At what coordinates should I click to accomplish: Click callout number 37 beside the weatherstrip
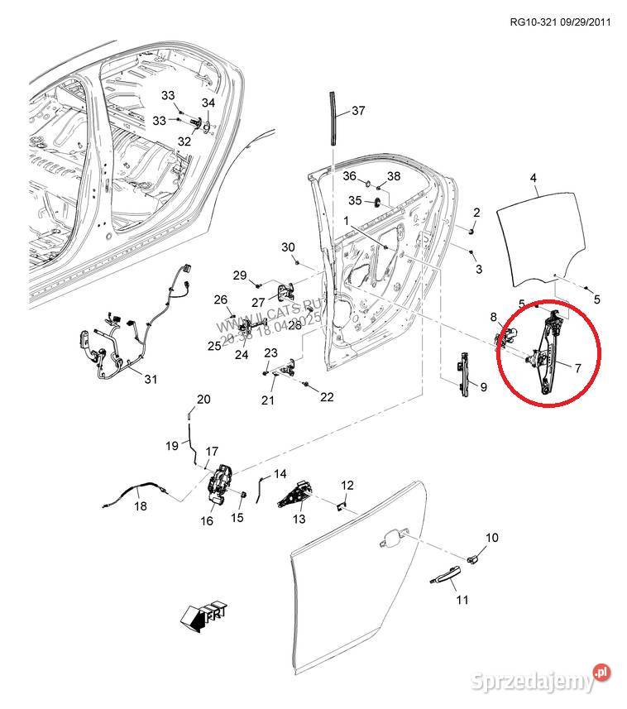(x=357, y=110)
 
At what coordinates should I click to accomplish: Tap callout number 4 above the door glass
(x=534, y=178)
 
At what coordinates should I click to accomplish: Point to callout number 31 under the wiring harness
(x=150, y=380)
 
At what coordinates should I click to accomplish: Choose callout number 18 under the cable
(x=141, y=506)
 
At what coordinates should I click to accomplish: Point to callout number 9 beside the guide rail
(x=484, y=386)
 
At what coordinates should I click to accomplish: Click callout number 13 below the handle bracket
(x=299, y=519)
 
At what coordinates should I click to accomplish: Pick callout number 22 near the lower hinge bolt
(x=327, y=397)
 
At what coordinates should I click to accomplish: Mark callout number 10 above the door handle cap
(x=491, y=538)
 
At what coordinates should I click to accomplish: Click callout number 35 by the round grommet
(x=354, y=200)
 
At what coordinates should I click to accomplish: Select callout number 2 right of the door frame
(x=476, y=213)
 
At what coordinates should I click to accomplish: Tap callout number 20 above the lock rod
(x=203, y=400)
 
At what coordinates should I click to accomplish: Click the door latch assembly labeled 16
(x=222, y=484)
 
